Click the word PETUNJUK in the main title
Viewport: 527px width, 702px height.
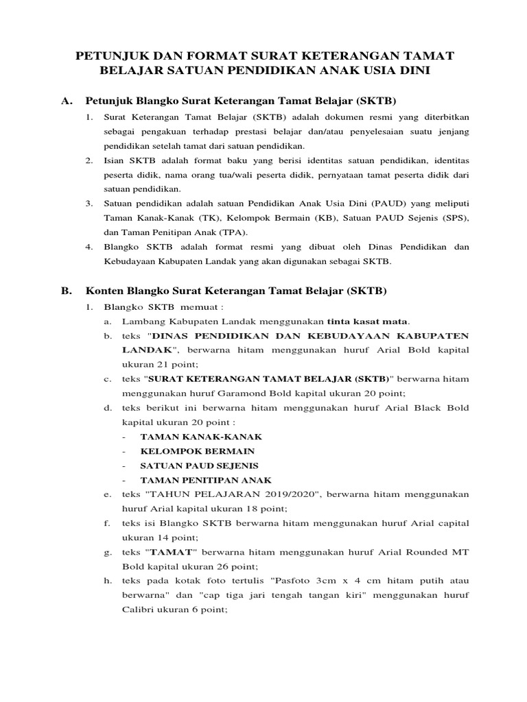111,55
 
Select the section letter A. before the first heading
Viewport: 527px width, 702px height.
67,101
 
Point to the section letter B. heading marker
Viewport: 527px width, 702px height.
67,291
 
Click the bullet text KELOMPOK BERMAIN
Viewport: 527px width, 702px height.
197,451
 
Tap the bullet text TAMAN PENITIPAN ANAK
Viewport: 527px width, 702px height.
206,480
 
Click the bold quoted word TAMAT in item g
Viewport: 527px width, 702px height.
171,552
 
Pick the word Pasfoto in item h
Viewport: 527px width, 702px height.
290,581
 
